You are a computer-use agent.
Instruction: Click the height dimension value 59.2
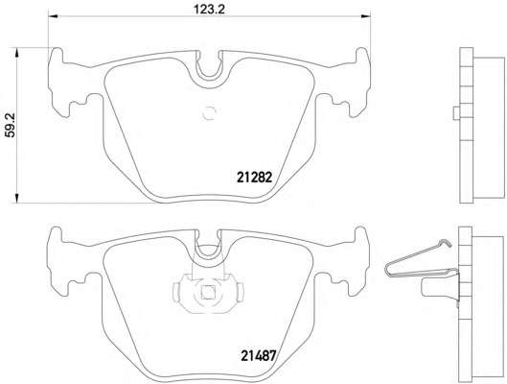pyautogui.click(x=11, y=125)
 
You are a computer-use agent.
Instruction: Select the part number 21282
pyautogui.click(x=257, y=177)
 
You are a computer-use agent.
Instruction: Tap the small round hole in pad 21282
pyautogui.click(x=211, y=114)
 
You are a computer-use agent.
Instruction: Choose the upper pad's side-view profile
pyautogui.click(x=471, y=125)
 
